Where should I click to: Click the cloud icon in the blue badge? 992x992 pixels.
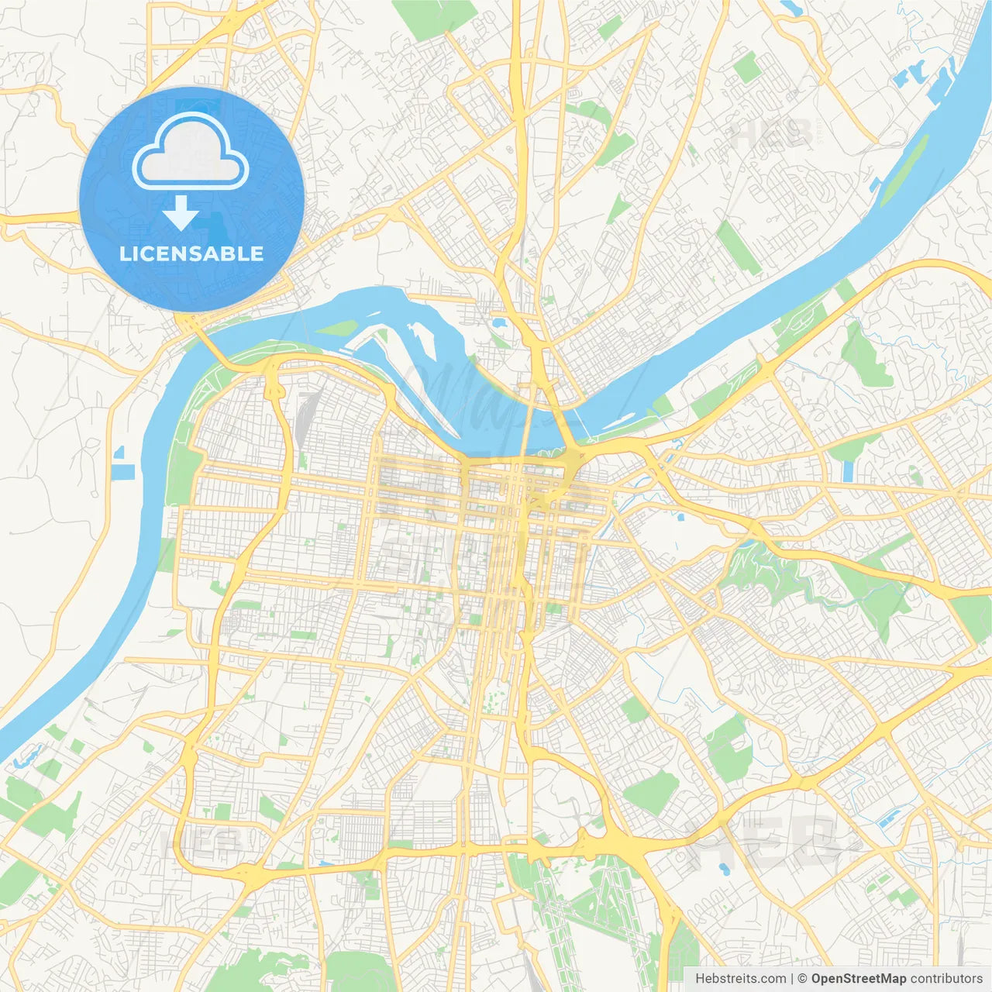coord(191,152)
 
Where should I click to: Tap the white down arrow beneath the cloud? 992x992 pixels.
coord(181,212)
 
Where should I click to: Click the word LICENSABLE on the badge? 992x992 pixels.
coord(191,254)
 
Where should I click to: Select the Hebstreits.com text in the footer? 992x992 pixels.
coord(740,979)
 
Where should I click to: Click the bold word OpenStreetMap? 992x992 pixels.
coord(858,979)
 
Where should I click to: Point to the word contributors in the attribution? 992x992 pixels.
coord(946,979)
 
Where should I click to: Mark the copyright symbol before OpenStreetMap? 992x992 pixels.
coord(802,979)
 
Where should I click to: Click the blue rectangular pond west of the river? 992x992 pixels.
coord(122,472)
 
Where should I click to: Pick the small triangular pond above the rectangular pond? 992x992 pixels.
coord(119,452)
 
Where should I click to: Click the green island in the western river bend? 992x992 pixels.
coord(336,328)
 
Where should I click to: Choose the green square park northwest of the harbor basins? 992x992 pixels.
coord(747,67)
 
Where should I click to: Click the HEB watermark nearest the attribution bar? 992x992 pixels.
coord(744,845)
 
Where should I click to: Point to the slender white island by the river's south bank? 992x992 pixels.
coord(620,422)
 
